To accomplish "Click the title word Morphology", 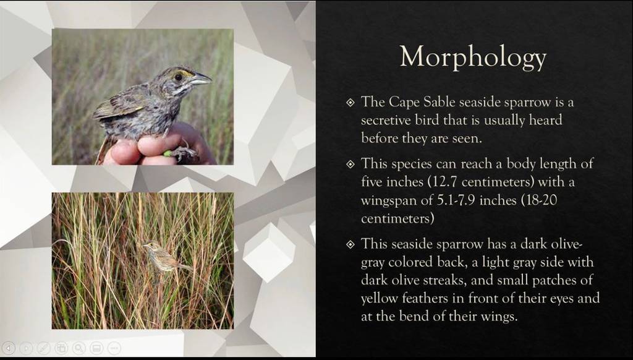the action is click(473, 58).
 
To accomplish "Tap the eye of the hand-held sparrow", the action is click(178, 77).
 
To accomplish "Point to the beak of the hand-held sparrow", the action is click(200, 79).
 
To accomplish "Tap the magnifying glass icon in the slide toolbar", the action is click(79, 348).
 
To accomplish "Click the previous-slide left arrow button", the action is click(9, 348).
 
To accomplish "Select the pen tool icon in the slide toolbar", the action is click(44, 348).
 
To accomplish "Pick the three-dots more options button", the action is click(114, 348).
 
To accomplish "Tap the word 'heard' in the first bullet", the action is click(547, 120).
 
